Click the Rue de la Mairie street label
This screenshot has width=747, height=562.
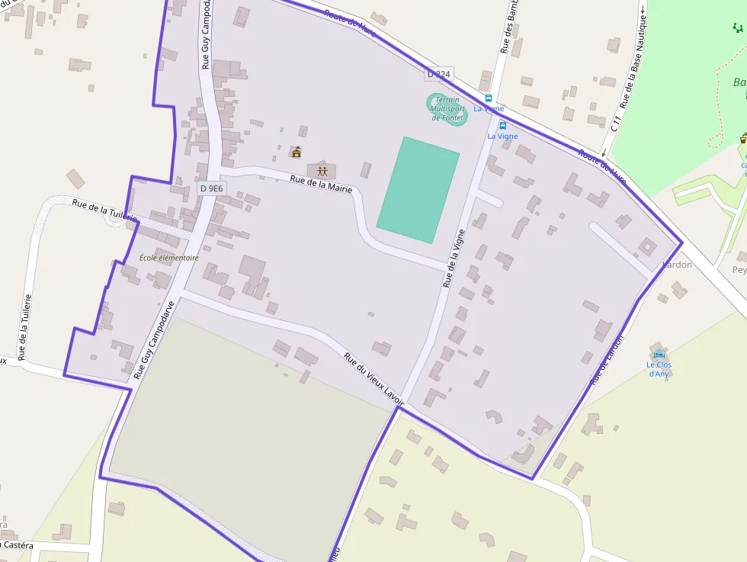[321, 184]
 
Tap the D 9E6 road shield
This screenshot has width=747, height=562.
[211, 188]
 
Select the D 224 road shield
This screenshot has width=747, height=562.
[439, 74]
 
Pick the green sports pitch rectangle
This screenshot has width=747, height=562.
[418, 190]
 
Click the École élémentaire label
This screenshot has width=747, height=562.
[169, 258]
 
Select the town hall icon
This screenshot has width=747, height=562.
[297, 152]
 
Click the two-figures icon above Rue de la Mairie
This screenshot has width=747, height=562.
[322, 170]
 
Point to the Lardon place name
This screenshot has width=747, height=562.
[678, 265]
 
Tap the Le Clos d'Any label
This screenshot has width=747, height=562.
[659, 369]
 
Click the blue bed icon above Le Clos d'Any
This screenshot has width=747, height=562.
[659, 355]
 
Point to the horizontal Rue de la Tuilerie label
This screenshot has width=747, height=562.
[105, 210]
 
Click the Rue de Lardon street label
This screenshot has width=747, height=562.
[607, 359]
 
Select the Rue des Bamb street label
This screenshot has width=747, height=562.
[508, 27]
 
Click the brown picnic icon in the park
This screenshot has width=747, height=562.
[743, 138]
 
